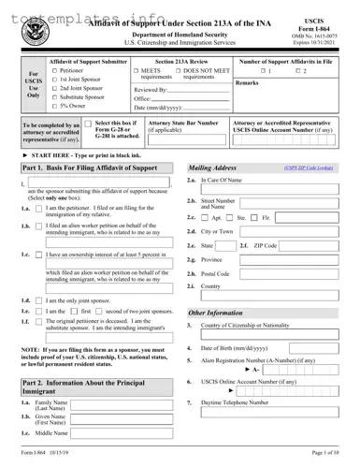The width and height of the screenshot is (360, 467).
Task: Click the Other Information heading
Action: click(x=216, y=312)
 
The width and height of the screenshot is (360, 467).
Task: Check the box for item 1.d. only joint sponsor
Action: click(x=26, y=326)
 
